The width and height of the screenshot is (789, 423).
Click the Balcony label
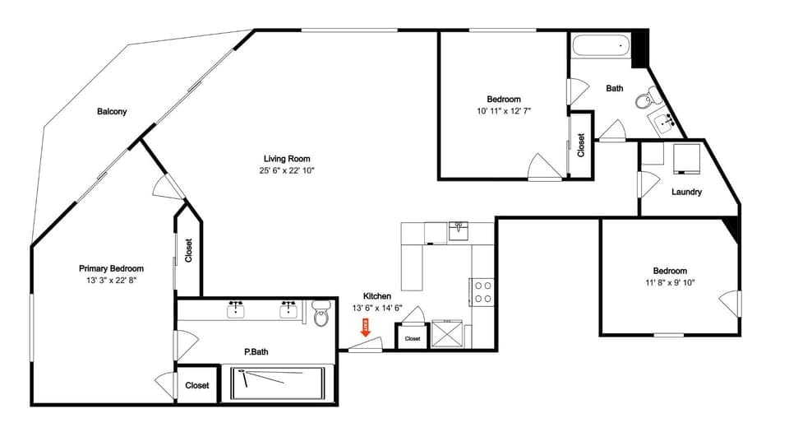(x=112, y=112)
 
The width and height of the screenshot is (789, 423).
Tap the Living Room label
(x=286, y=159)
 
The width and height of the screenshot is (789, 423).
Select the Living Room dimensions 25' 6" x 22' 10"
(x=286, y=170)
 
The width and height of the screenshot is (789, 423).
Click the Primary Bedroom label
(x=111, y=268)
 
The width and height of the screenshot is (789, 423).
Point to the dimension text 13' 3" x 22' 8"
(x=111, y=280)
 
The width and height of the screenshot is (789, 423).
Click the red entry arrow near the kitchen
(x=367, y=329)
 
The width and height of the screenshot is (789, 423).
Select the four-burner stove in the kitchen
(x=482, y=292)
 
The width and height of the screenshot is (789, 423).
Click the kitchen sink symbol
(x=459, y=229)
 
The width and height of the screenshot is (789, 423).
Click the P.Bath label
(x=256, y=352)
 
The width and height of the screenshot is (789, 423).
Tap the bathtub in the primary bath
(x=277, y=383)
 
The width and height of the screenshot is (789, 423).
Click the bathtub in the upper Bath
(x=601, y=49)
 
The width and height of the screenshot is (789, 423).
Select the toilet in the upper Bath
(x=645, y=100)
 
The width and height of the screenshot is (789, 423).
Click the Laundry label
(x=686, y=193)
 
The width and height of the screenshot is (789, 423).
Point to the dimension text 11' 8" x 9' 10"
(x=670, y=282)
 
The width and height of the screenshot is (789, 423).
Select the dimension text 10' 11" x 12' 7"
(x=504, y=111)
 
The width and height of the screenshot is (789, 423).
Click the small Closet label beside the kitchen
(x=413, y=338)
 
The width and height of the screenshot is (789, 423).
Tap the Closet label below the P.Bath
(x=196, y=385)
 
